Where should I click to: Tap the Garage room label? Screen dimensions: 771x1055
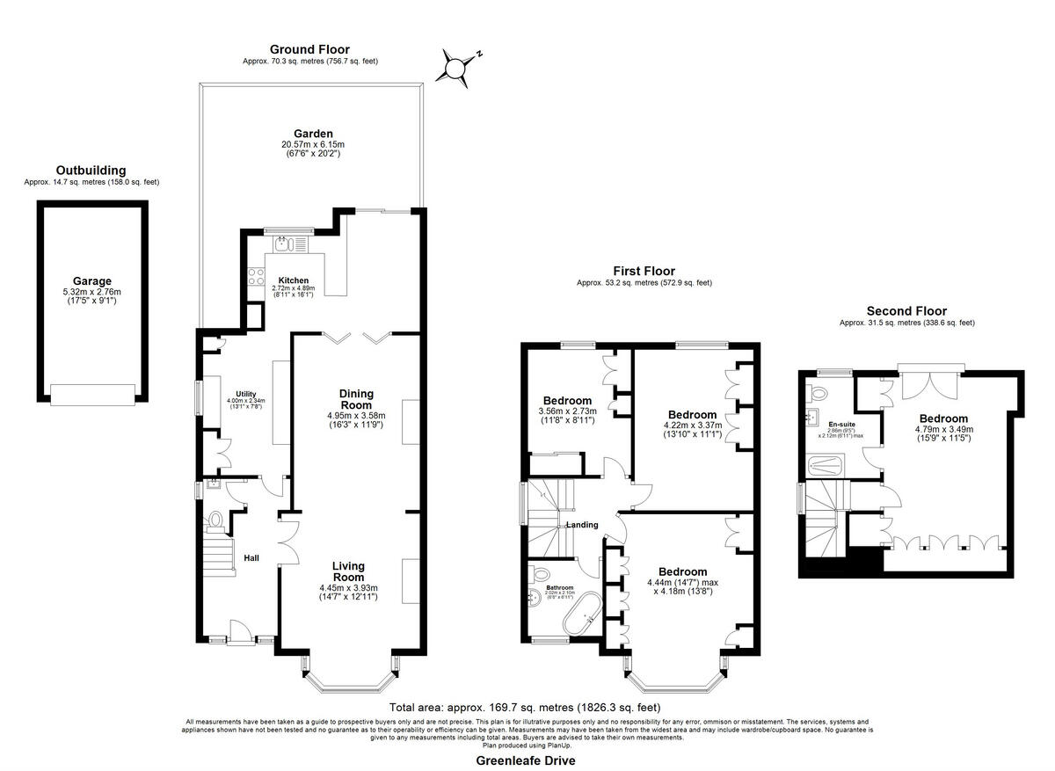tap(91, 281)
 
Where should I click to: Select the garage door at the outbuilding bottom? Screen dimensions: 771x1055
tap(92, 395)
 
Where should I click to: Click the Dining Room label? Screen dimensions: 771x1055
tap(357, 399)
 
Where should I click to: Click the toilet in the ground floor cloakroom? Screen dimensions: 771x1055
tap(214, 521)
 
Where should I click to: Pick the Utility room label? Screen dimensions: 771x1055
tap(244, 394)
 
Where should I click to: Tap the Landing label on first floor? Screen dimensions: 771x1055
tap(581, 525)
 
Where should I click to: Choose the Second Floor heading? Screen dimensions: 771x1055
tap(906, 311)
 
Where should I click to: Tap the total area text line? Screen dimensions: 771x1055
tap(525, 707)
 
